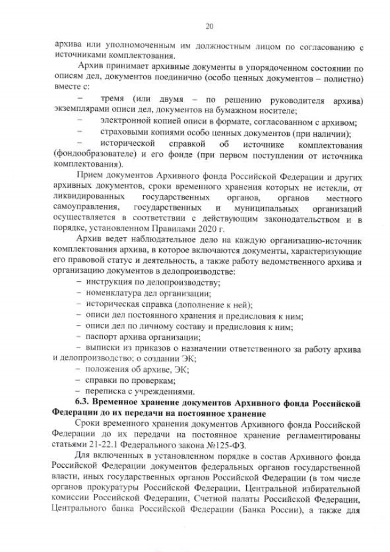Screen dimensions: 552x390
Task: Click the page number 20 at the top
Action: click(x=209, y=26)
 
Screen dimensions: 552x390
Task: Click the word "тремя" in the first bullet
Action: click(x=113, y=99)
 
